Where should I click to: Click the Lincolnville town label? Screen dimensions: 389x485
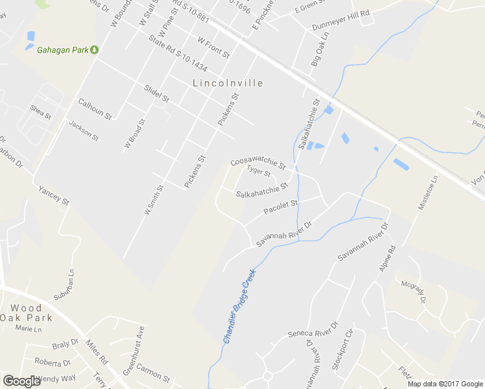(228, 83)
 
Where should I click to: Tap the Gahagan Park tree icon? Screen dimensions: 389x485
(94, 49)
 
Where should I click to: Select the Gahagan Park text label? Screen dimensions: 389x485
(62, 49)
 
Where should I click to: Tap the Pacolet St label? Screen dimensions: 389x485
(281, 207)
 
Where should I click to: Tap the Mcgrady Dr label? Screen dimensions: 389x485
(414, 291)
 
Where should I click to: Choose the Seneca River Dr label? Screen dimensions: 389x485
(313, 330)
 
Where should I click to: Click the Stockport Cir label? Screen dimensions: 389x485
(342, 351)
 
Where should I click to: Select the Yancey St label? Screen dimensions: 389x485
(54, 195)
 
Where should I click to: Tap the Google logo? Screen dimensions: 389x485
(21, 381)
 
